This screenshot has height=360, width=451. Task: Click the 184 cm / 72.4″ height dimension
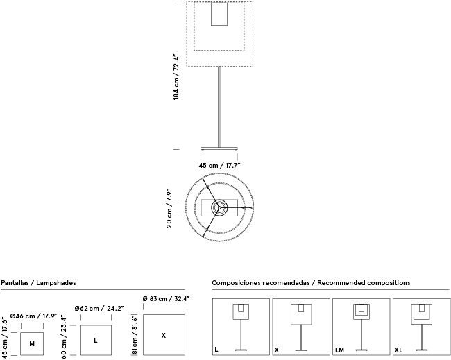pos(177,78)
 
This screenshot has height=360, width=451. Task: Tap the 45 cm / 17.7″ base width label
pos(219,165)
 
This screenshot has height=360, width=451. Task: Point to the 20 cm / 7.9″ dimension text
pos(169,208)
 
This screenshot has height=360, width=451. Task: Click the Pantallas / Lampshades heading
pos(38,283)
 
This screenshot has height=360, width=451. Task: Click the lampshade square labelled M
pos(31,343)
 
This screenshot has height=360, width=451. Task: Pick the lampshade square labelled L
pos(96,339)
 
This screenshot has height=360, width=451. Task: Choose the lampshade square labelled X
pos(164,335)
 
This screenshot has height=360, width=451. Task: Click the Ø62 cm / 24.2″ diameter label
pos(99,309)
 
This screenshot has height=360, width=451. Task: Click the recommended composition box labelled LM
pos(360,327)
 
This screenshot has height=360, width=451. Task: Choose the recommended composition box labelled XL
pos(420,327)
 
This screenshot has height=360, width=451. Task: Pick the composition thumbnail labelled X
pos(301,327)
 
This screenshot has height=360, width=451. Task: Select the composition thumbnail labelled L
pos(240,327)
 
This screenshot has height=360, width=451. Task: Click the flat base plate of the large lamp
pos(219,148)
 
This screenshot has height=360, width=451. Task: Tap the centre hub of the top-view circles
pos(218,207)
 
